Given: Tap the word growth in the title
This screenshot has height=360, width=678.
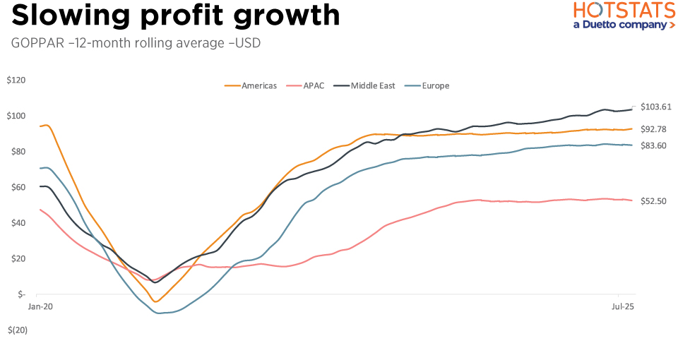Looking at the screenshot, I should click(x=289, y=16).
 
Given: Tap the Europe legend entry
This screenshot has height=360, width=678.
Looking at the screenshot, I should click(x=435, y=85).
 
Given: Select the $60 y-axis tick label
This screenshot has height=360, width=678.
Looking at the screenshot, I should click(x=16, y=187).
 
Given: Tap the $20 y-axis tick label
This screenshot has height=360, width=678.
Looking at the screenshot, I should click(x=16, y=258).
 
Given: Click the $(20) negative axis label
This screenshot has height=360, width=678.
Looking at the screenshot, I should click(x=17, y=330).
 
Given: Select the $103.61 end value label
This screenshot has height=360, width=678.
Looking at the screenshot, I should click(x=655, y=107).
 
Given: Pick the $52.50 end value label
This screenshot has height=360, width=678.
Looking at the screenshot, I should click(x=655, y=200).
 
